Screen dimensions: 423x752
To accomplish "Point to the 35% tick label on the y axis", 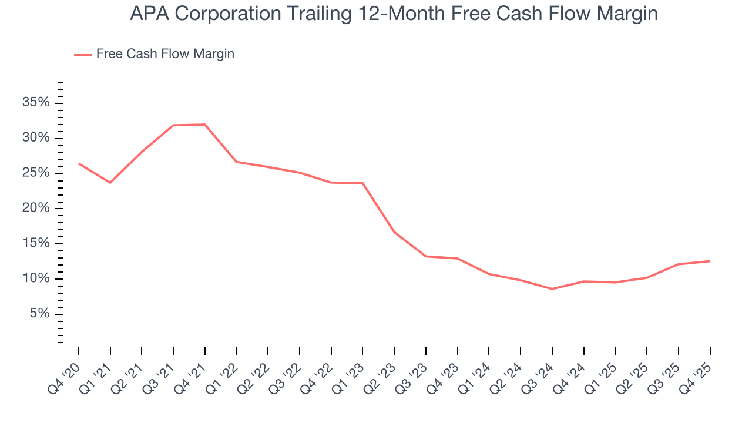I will [x=36, y=103].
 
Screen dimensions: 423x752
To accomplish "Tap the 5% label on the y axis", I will [x=40, y=314].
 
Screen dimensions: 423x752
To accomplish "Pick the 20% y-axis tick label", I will [x=36, y=209].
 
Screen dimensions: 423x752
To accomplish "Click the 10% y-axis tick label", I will [x=36, y=278].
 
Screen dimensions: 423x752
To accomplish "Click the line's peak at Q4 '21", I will [x=205, y=125].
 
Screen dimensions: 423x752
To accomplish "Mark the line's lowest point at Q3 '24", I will [x=552, y=289].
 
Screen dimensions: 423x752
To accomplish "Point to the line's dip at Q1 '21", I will [x=110, y=183].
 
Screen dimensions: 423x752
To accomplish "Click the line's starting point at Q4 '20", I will [x=79, y=163].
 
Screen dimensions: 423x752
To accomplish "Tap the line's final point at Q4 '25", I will [x=710, y=261].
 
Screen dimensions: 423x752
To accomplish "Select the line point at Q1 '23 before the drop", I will [x=362, y=183].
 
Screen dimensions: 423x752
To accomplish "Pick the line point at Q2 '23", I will [x=394, y=232].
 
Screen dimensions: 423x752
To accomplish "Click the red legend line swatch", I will [x=82, y=55].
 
